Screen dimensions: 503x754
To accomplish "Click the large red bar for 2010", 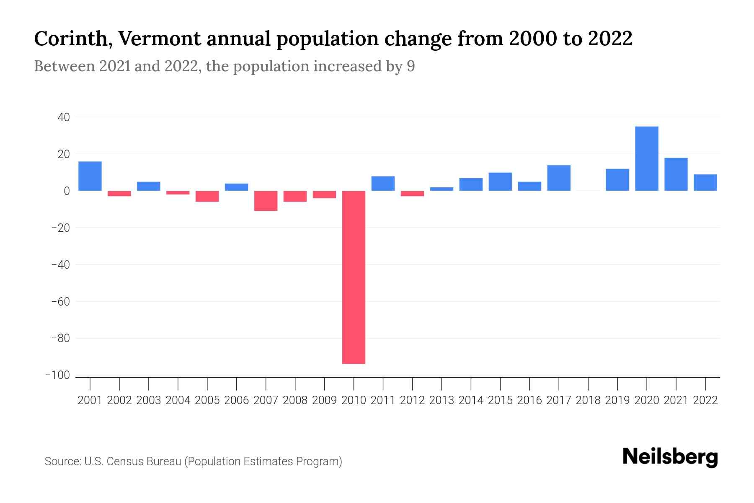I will [354, 277].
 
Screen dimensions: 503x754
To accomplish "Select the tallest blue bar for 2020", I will [646, 158].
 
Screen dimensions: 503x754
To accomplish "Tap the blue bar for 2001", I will [90, 176].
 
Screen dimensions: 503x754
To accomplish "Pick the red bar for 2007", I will [266, 201].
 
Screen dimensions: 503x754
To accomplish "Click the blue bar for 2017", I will [558, 178].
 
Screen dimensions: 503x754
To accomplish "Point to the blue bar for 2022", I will [705, 183].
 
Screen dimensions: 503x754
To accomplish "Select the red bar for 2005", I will [207, 196].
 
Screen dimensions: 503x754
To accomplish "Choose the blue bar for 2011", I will [383, 184].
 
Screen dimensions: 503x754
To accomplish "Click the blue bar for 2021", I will [676, 174].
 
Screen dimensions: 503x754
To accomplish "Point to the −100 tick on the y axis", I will [57, 375].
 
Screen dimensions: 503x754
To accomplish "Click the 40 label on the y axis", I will [63, 117].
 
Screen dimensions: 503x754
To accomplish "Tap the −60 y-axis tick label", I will [60, 301].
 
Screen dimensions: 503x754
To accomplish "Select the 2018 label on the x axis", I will [588, 400].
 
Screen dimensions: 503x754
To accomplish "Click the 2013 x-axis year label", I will [442, 400].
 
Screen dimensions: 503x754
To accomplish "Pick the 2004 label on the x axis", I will [178, 400].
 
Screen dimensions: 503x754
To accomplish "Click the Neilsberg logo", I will [670, 457].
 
